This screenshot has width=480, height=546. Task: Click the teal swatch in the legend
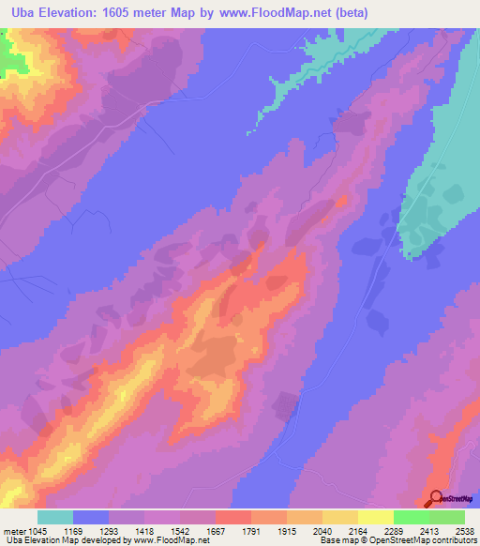pos(55,517)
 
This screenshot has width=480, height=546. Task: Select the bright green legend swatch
pos(412,517)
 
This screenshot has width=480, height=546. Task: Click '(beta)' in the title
pos(346,13)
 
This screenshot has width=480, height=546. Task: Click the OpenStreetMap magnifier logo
pos(434,499)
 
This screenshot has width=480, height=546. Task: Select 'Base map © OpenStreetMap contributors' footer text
pos(397,541)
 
